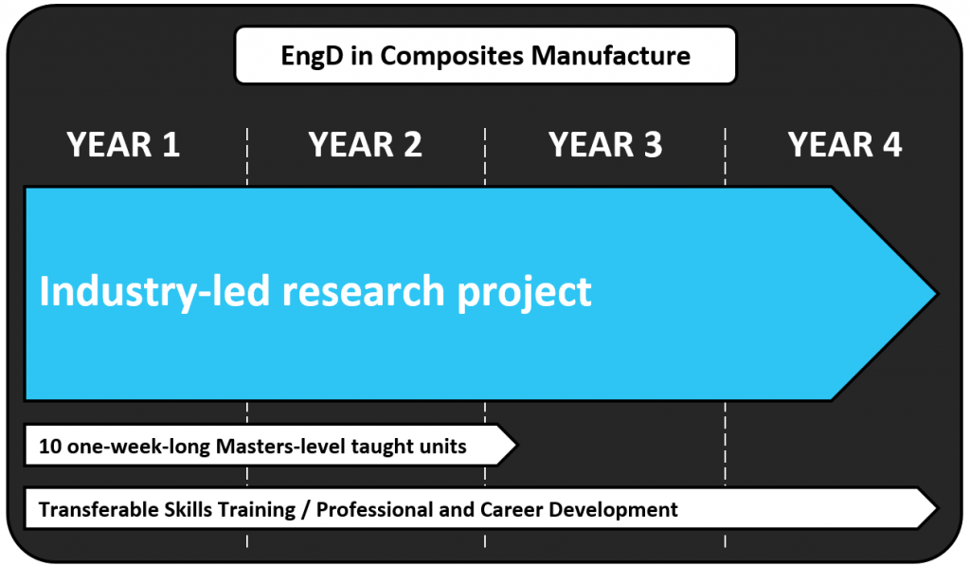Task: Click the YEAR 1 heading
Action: coord(123,145)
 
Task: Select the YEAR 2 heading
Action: coord(365,145)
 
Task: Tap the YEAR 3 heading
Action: coord(605,145)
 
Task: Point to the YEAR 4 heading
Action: coord(844,145)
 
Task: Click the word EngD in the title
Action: coord(313,56)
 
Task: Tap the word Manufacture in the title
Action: coord(611,56)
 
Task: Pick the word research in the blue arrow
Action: coord(363,292)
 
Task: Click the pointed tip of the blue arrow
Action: coord(937,294)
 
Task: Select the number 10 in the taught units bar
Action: coord(50,447)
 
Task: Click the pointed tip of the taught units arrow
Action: coord(515,445)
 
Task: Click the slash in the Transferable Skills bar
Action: coord(306,510)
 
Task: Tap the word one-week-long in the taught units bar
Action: coord(138,447)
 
